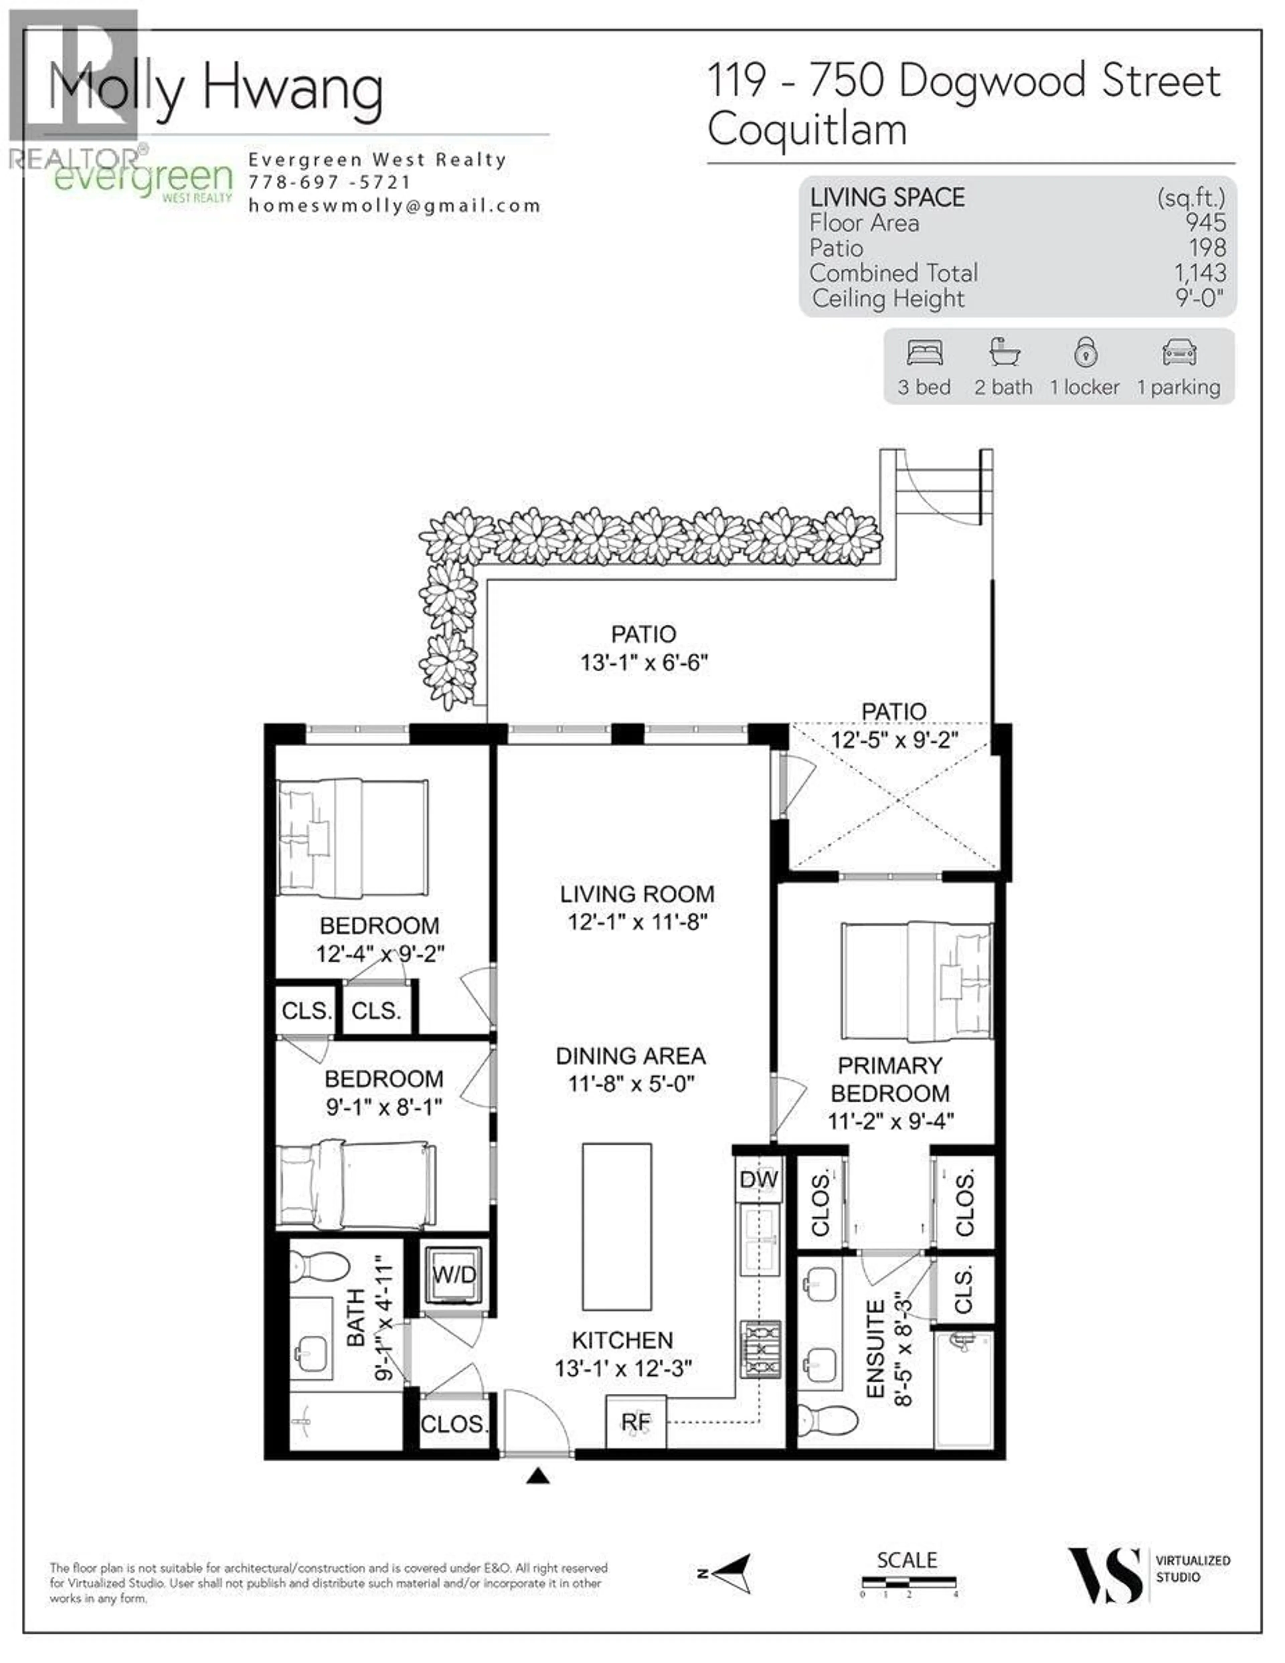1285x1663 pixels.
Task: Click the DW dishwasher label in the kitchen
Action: click(x=758, y=1180)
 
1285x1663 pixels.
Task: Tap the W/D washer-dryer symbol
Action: click(x=454, y=1275)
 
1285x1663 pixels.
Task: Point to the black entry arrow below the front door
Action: click(x=538, y=1477)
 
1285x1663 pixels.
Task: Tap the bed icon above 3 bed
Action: click(x=925, y=353)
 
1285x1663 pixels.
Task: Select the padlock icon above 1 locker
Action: click(x=1086, y=353)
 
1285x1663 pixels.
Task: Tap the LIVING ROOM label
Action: click(x=637, y=894)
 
